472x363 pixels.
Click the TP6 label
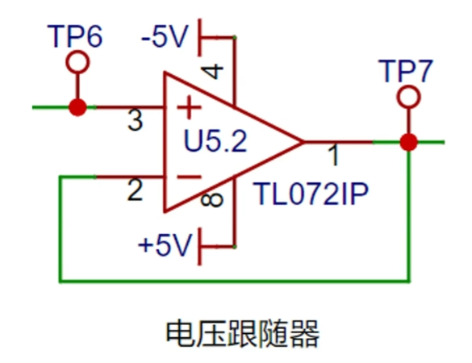[75, 36]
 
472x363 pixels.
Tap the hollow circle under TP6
[77, 54]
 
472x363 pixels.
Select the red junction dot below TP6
[77, 107]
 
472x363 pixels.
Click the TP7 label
[406, 71]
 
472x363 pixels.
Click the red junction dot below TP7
[409, 142]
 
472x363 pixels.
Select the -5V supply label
[165, 36]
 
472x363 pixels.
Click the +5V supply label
[165, 244]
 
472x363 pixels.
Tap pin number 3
[136, 120]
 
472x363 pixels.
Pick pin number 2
[135, 190]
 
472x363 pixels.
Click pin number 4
[213, 72]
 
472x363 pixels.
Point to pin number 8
[212, 200]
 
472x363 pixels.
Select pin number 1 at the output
[333, 155]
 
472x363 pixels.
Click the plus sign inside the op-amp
[189, 107]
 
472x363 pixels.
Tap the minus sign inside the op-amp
[189, 177]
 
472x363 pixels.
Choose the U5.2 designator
[215, 141]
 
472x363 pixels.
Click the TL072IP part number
[311, 194]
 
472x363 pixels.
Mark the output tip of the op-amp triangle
[303, 142]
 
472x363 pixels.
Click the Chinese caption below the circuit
[243, 334]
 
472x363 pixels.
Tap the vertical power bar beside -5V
[199, 37]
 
